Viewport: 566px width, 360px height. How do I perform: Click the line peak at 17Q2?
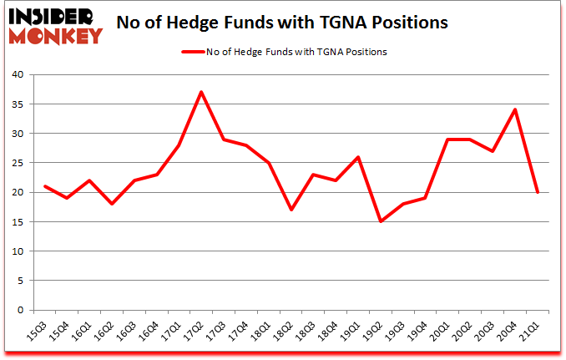coord(201,92)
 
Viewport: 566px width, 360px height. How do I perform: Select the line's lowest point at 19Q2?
coord(381,221)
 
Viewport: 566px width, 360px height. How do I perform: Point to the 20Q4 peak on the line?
coord(515,109)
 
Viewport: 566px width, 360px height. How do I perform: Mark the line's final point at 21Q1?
coord(538,192)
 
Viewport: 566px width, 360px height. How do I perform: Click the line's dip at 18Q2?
coord(291,210)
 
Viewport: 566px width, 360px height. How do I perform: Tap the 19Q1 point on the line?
coord(358,157)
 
